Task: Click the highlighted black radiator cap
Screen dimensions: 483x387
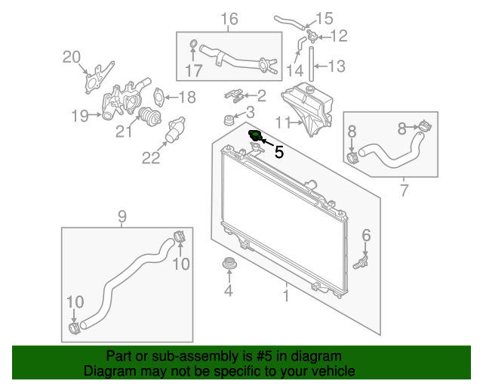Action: pos(255,136)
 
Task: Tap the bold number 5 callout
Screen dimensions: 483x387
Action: pos(279,153)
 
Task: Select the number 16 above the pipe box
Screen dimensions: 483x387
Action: pos(229,19)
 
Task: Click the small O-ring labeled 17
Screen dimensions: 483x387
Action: pos(193,44)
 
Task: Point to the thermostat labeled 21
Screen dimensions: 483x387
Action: pos(150,116)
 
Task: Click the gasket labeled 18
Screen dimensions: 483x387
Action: pos(158,97)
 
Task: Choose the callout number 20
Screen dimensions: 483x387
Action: pos(72,57)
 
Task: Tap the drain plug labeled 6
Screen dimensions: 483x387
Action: pos(361,262)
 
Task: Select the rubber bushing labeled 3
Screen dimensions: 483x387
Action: pos(228,120)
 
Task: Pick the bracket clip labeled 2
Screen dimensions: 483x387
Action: pos(234,96)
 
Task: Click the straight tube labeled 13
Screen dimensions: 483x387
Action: pos(312,64)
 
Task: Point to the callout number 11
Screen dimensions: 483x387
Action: pos(282,123)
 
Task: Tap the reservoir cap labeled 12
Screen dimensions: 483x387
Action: pos(312,37)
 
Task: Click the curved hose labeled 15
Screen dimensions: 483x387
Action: pos(289,22)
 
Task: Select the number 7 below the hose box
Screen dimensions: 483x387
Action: pos(405,190)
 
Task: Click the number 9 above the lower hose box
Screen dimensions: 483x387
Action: pos(122,217)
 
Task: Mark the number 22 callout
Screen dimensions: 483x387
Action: pos(151,158)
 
